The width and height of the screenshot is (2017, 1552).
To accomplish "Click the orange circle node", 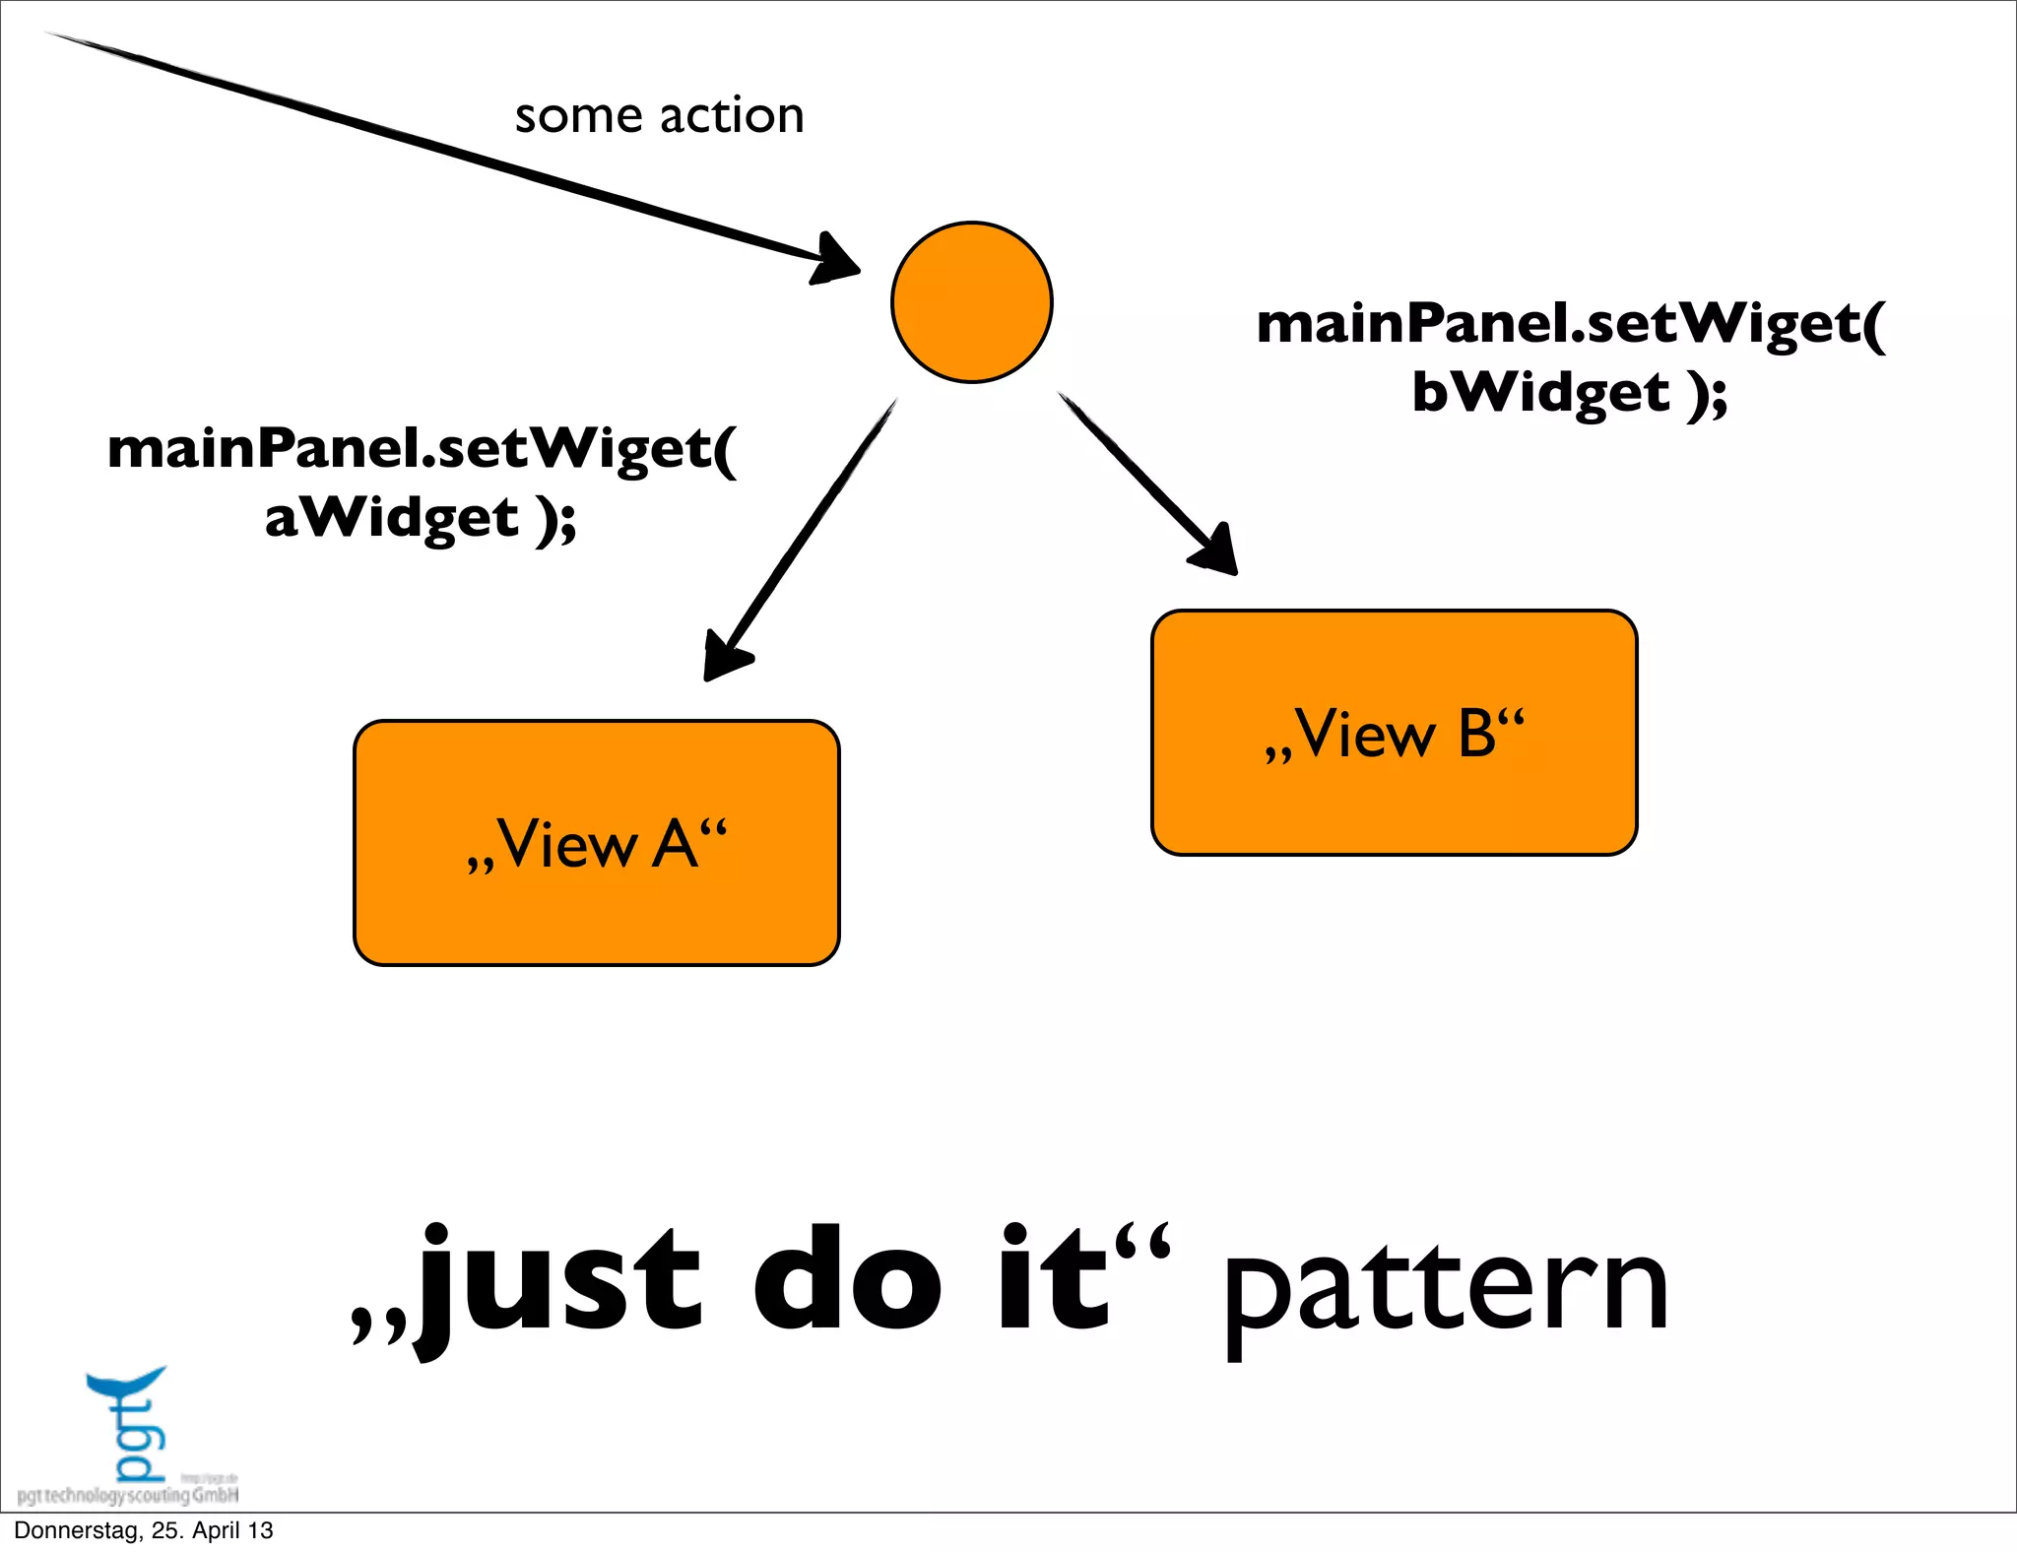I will pos(971,301).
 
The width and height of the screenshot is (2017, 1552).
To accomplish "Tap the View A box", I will pos(596,843).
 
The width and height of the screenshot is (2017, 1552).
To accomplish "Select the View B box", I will pos(1394,733).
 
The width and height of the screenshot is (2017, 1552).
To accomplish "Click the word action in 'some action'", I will pos(732,116).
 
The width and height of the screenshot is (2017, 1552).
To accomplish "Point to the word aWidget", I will pos(391,517).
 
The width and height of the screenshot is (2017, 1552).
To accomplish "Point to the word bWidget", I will pos(1541,392).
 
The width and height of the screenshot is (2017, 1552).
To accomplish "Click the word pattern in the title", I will pos(1445,1290).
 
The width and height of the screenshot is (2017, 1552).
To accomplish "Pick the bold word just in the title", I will pos(561,1280).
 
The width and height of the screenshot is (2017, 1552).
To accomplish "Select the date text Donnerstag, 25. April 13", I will pos(144,1530).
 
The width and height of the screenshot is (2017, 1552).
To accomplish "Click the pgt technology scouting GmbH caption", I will pos(128,1496).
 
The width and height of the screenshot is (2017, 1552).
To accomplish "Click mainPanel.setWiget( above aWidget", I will pos(422,449).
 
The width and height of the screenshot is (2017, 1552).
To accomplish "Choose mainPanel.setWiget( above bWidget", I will pos(1571,324).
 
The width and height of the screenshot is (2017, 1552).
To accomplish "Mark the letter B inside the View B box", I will pos(1477,734).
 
